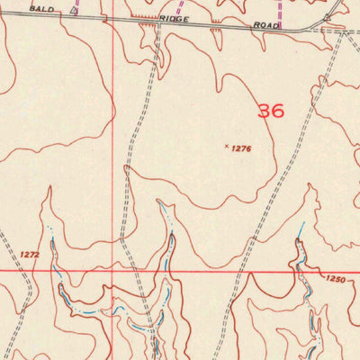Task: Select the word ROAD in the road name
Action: (x=267, y=26)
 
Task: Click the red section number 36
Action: (x=270, y=111)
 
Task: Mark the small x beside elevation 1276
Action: (x=225, y=145)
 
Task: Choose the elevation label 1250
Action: (x=336, y=280)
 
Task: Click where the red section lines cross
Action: (x=113, y=269)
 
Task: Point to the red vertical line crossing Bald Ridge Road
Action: (x=113, y=16)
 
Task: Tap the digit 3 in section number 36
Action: (x=264, y=111)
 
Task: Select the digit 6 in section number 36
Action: (x=277, y=111)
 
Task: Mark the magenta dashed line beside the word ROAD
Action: (x=282, y=13)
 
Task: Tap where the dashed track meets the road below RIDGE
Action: (x=158, y=24)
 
